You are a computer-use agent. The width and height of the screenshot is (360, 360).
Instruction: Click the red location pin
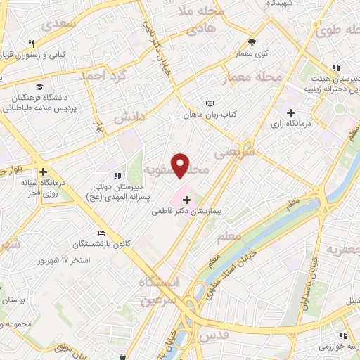pos(181,165)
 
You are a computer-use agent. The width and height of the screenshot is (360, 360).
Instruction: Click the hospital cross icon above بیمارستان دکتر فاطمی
pos(186,200)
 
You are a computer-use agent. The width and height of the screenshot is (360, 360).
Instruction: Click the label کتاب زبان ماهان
pos(209,113)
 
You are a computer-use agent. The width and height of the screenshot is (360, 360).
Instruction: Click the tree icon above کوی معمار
pos(252,42)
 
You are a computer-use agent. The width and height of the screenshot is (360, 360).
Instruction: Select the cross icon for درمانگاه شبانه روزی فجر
pos(44,171)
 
